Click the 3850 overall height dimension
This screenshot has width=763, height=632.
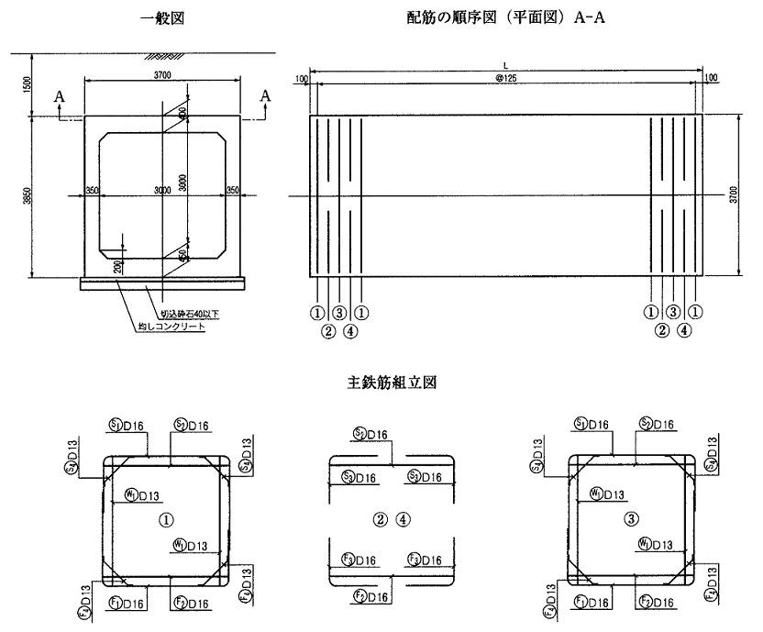point(28,197)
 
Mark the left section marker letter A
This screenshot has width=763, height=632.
point(59,96)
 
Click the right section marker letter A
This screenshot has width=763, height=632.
point(266,96)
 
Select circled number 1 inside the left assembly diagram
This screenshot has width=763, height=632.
point(166,519)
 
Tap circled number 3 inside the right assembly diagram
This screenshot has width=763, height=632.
point(630,519)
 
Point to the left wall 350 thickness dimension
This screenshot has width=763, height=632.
point(92,190)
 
